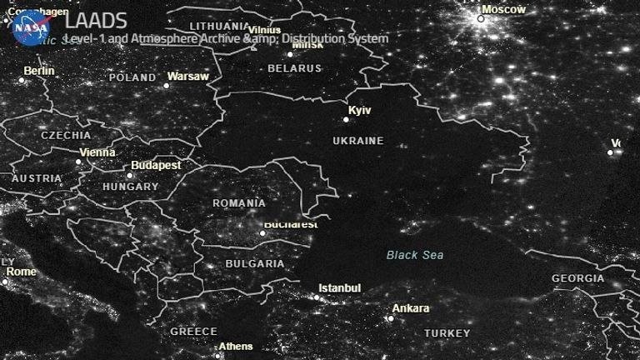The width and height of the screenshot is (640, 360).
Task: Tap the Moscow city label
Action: pyautogui.click(x=505, y=9)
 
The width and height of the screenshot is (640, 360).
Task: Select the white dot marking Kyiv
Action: pyautogui.click(x=347, y=119)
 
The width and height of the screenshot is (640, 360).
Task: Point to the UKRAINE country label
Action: pyautogui.click(x=357, y=141)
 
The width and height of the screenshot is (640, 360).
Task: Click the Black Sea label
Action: pyautogui.click(x=415, y=255)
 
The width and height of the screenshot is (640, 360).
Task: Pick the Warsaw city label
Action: pyautogui.click(x=187, y=77)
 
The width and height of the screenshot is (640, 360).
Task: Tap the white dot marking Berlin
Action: pyautogui.click(x=22, y=80)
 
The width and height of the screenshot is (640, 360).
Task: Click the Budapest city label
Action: pyautogui.click(x=156, y=166)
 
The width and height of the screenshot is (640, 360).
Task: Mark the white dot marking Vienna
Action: pyautogui.click(x=79, y=162)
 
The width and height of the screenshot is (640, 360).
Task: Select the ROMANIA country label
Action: pyautogui.click(x=238, y=203)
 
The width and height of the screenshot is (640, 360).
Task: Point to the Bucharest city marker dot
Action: pyautogui.click(x=262, y=232)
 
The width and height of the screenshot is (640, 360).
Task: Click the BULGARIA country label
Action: pyautogui.click(x=254, y=263)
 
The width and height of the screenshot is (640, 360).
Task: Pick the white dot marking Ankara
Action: pyautogui.click(x=389, y=317)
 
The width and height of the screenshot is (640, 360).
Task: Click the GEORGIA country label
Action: pyautogui.click(x=577, y=278)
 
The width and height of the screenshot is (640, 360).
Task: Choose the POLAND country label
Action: pyautogui.click(x=132, y=77)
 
